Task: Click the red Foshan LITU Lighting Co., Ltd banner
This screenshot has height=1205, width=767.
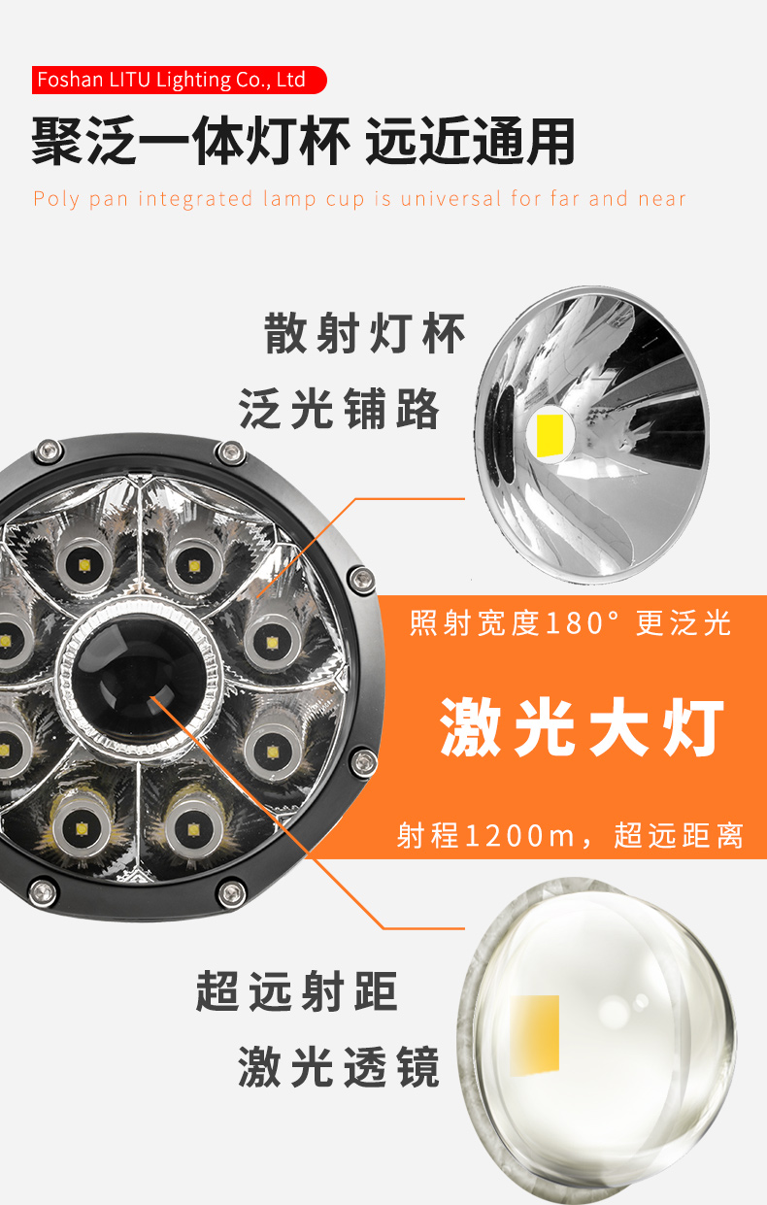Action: tap(179, 81)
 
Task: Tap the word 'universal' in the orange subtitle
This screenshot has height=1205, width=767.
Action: tap(450, 199)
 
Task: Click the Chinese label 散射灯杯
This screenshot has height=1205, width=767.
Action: tap(364, 333)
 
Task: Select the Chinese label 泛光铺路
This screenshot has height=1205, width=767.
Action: tap(339, 409)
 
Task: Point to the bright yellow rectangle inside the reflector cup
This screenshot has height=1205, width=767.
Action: tap(550, 435)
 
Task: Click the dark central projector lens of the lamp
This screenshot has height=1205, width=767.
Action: tap(139, 679)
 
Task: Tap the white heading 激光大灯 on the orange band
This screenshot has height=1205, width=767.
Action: tap(582, 727)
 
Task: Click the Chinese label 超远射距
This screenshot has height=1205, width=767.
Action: tap(297, 991)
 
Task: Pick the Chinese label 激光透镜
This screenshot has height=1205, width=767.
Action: tap(339, 1067)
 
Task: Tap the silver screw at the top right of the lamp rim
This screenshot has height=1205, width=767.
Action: tap(231, 452)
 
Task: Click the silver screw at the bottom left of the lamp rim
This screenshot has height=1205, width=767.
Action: tap(43, 893)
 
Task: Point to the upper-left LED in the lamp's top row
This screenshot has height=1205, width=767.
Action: tap(83, 565)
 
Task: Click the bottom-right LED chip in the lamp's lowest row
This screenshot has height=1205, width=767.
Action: tap(193, 829)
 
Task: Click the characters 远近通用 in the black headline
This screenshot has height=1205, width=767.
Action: tap(470, 142)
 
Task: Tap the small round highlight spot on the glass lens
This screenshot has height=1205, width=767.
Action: tap(642, 1000)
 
